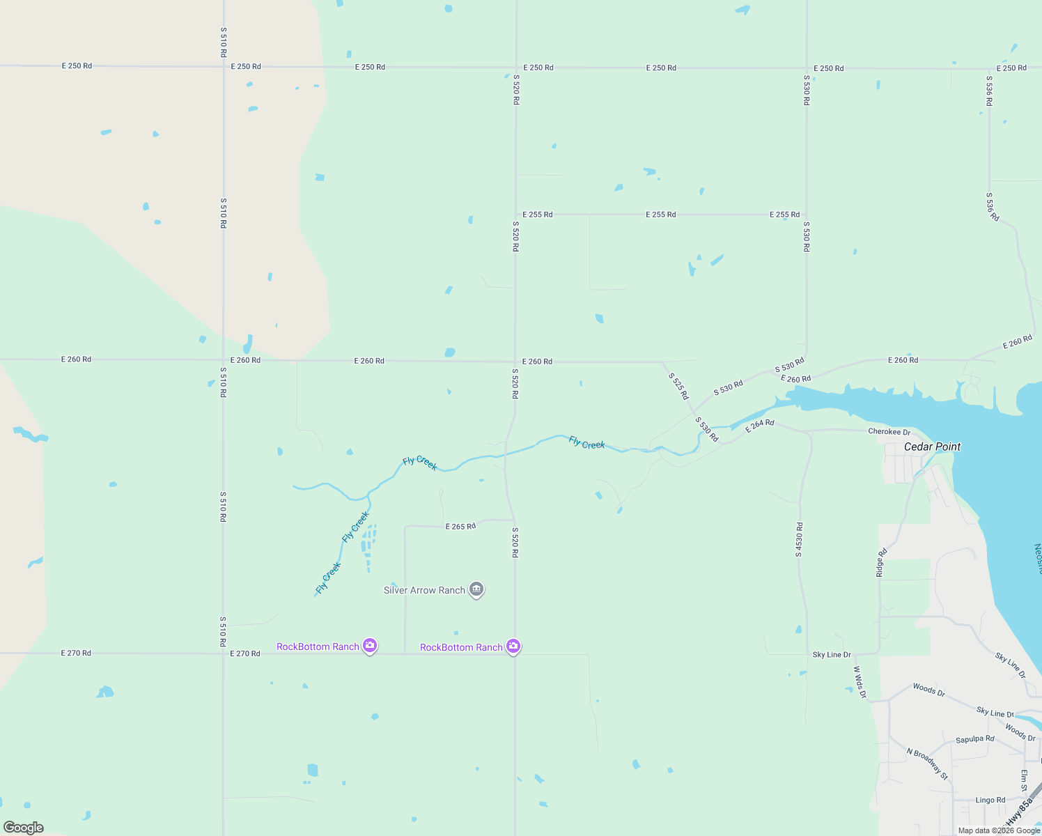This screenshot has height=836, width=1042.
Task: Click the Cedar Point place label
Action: [932, 447]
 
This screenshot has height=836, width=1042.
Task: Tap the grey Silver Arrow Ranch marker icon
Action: [476, 589]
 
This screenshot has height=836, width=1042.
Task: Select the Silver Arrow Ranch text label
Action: [424, 590]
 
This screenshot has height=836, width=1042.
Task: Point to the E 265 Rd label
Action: [460, 526]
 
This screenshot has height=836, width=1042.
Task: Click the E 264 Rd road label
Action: [759, 426]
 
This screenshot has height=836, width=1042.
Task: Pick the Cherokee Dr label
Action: [889, 432]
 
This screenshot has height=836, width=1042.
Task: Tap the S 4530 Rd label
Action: [799, 539]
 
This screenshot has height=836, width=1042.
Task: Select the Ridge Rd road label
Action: [881, 562]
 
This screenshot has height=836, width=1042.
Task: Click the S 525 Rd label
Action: [678, 386]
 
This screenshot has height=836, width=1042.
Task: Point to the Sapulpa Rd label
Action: [974, 739]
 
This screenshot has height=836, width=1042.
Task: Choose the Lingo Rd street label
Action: [990, 800]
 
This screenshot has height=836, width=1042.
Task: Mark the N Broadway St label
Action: [927, 764]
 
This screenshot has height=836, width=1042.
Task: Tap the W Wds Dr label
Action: [860, 682]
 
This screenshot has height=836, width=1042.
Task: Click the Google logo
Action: [23, 828]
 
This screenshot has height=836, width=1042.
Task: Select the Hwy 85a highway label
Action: [1019, 812]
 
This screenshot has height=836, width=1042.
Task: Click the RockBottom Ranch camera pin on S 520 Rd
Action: [513, 646]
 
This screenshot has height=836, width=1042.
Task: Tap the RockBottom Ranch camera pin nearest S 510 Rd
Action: [370, 645]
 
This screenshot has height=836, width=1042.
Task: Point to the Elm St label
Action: [1024, 780]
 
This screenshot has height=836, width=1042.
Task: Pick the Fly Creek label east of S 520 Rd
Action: [586, 442]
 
